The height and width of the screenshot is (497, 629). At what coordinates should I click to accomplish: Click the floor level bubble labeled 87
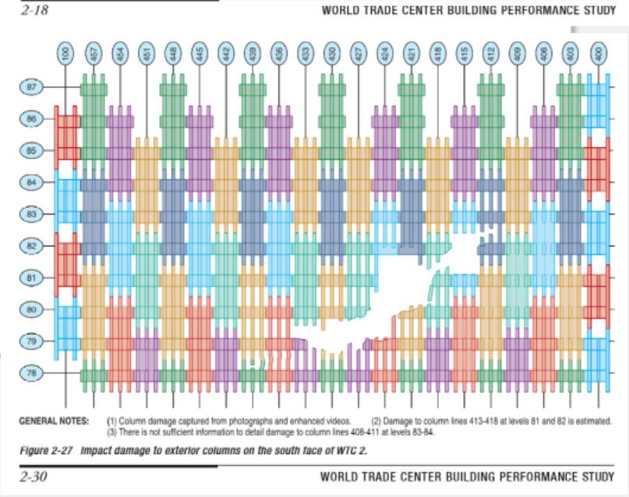32,86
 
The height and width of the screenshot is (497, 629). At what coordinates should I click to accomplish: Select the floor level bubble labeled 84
32,182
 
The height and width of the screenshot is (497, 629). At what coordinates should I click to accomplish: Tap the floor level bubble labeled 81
32,277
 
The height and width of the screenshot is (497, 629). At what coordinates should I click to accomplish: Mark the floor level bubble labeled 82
32,245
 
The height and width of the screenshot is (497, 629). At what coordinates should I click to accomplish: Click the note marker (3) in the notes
111,431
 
